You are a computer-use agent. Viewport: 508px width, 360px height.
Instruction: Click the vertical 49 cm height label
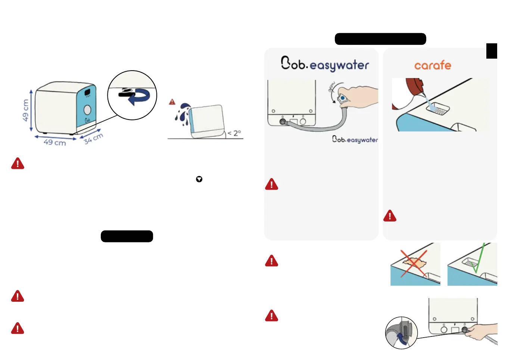click(x=25, y=110)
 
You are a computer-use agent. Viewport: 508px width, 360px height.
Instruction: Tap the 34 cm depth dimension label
click(x=93, y=139)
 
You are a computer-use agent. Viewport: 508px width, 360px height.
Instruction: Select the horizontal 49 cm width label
click(x=54, y=142)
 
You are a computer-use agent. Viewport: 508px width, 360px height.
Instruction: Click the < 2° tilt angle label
click(x=234, y=133)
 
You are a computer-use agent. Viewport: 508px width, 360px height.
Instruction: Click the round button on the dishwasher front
click(x=87, y=110)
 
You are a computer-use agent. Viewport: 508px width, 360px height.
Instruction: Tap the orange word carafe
click(x=433, y=65)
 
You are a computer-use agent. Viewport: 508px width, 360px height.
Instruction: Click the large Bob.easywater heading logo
click(x=325, y=64)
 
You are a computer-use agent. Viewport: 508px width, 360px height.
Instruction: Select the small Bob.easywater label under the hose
click(x=355, y=139)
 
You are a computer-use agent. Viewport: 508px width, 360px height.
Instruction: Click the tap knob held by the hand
click(x=342, y=98)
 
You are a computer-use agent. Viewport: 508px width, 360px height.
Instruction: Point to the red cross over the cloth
click(x=414, y=264)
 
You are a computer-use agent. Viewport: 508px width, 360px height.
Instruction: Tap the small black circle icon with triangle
click(x=199, y=179)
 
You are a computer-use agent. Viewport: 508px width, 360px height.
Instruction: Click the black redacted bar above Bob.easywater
click(x=380, y=39)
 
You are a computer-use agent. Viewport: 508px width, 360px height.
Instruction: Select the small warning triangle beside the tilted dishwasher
click(x=172, y=102)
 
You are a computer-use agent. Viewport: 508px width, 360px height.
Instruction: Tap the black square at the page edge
click(x=492, y=51)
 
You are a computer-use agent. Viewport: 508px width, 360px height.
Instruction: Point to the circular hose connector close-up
click(x=401, y=333)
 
